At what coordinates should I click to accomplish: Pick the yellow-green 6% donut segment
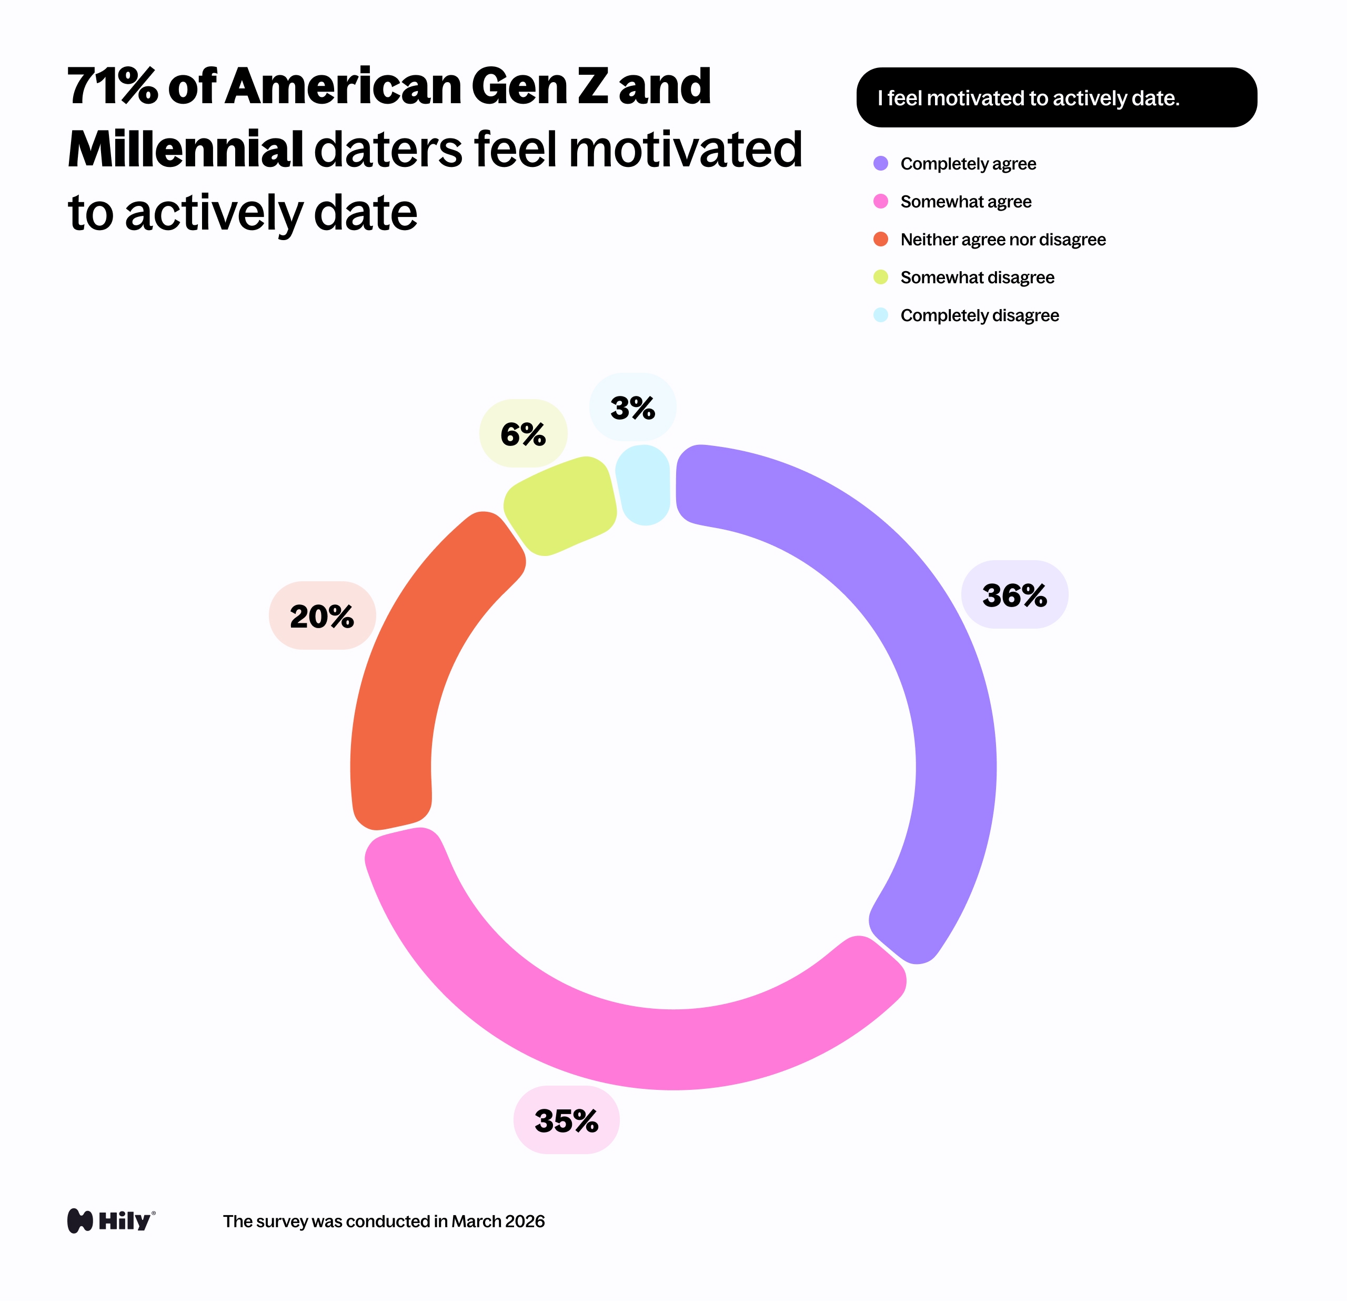560,505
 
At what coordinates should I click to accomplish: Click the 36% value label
1014,595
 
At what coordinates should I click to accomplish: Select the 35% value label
566,1120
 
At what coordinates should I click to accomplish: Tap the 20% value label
321,615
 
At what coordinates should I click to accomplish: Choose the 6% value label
523,434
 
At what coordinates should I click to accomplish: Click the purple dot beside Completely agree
880,164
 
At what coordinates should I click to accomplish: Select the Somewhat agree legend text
966,202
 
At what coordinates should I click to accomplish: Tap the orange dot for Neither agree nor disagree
880,239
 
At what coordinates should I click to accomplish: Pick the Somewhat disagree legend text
977,277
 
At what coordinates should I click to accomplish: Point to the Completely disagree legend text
979,315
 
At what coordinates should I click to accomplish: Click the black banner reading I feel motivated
1057,97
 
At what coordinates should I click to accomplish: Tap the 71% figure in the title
112,87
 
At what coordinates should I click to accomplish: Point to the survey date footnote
384,1221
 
